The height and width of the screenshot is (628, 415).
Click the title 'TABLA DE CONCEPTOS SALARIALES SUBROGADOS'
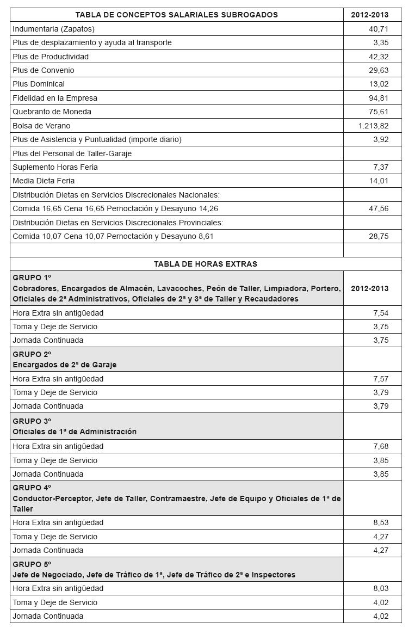pos(176,15)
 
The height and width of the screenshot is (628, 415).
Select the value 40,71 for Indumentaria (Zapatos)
pos(378,29)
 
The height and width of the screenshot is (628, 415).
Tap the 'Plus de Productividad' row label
pos(51,57)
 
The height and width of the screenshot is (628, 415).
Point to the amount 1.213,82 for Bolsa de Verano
pos(373,126)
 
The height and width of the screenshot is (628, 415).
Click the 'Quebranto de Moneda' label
pos(52,112)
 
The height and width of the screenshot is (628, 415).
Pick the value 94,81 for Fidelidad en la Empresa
pos(378,98)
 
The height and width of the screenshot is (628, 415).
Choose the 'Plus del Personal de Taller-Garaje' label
pos(72,153)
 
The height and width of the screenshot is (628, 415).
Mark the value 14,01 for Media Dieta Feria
pos(378,181)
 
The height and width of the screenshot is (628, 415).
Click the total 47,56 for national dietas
pos(378,208)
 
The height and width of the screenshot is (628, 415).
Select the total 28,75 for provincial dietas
pos(378,236)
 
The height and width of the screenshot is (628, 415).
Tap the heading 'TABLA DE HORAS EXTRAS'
pos(205,264)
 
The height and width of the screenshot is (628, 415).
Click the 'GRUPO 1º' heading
pos(32,278)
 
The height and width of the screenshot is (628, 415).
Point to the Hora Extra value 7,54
pos(380,313)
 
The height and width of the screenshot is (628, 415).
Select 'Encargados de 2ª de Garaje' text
pos(65,365)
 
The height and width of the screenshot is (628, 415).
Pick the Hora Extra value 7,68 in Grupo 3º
pos(380,446)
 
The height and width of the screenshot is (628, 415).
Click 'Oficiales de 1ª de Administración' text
pos(75,432)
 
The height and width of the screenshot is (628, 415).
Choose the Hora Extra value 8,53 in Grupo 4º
pos(380,522)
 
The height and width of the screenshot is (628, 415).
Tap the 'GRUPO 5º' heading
pos(32,564)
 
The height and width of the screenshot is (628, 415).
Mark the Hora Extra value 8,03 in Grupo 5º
pos(380,588)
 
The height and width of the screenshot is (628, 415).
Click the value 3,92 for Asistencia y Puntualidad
pos(380,139)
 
